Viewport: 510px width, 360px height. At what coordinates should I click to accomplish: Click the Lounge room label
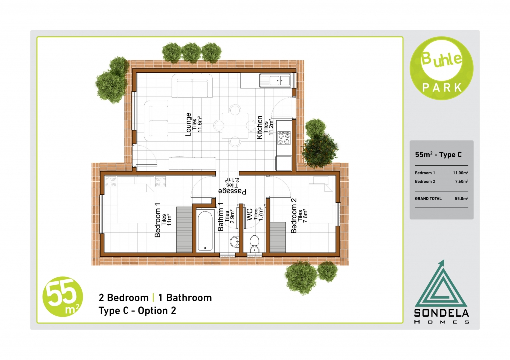pyautogui.click(x=188, y=124)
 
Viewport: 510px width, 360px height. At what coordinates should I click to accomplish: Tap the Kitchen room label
pyautogui.click(x=260, y=127)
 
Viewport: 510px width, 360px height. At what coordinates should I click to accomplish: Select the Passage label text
pyautogui.click(x=232, y=191)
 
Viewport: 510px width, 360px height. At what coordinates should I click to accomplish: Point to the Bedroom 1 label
pyautogui.click(x=158, y=220)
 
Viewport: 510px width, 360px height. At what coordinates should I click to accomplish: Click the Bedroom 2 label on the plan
pyautogui.click(x=294, y=216)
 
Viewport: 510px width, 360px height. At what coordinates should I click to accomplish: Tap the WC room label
pyautogui.click(x=249, y=215)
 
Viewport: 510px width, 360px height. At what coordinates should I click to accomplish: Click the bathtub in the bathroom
pyautogui.click(x=205, y=231)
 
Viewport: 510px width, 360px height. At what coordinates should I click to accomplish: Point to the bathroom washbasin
pyautogui.click(x=235, y=242)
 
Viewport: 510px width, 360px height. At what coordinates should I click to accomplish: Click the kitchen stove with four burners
pyautogui.click(x=283, y=138)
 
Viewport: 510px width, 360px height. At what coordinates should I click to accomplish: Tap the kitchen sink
pyautogui.click(x=275, y=80)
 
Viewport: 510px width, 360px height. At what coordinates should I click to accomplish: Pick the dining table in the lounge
pyautogui.click(x=235, y=125)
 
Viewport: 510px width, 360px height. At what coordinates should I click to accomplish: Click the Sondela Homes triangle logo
pyautogui.click(x=441, y=283)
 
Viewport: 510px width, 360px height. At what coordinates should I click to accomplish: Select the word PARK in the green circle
pyautogui.click(x=442, y=87)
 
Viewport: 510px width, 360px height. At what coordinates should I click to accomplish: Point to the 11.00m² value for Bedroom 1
pyautogui.click(x=460, y=173)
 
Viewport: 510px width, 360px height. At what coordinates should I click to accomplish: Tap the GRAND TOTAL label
pyautogui.click(x=428, y=198)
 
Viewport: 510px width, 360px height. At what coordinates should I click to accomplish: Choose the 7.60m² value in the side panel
pyautogui.click(x=462, y=181)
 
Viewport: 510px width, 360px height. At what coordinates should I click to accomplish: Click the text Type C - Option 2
pyautogui.click(x=137, y=311)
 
